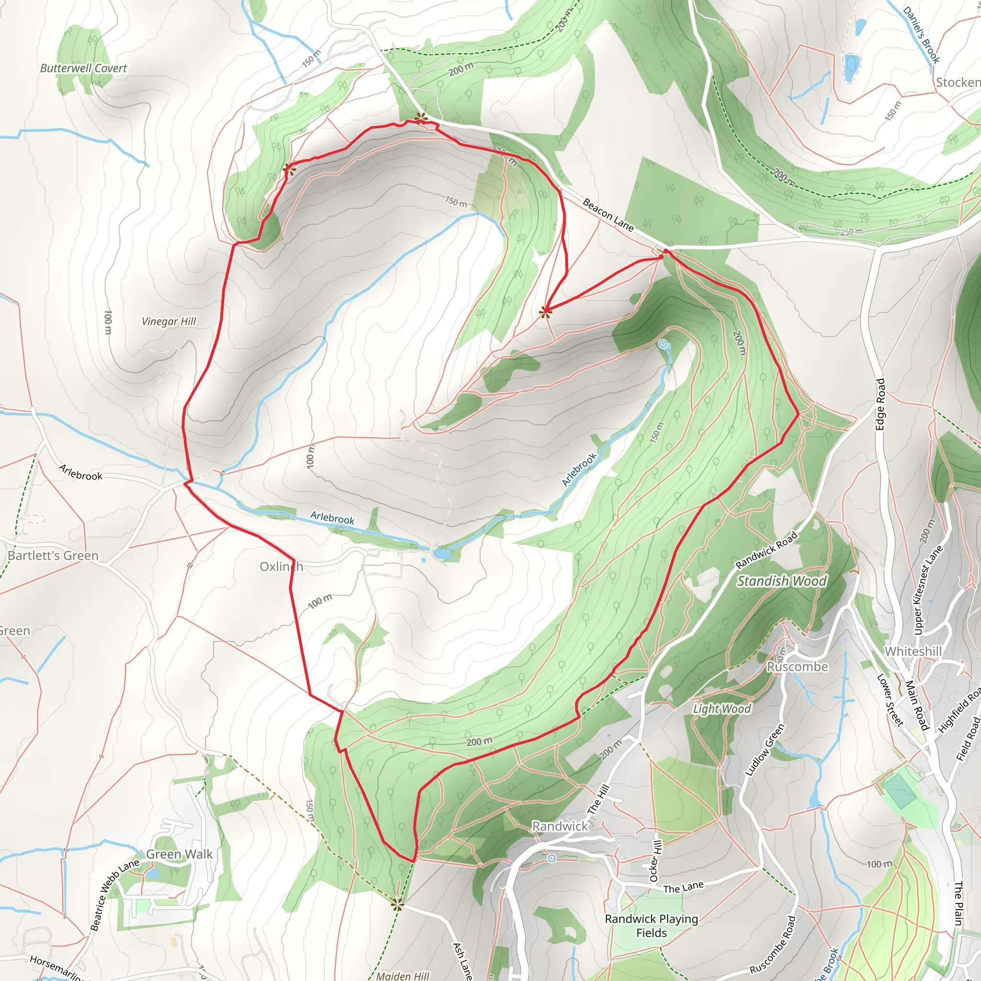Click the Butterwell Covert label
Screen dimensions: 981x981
pos(83,68)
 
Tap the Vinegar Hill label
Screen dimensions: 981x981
pos(169,321)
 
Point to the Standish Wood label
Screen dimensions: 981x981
pos(781,581)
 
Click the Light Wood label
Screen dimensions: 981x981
pos(721,708)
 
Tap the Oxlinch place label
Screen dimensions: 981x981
pos(281,567)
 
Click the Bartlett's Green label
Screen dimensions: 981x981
pos(53,556)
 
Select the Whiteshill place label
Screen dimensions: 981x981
pos(913,651)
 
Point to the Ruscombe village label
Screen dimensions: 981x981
pos(797,666)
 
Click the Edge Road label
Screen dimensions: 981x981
pos(880,404)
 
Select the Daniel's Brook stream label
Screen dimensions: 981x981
pos(921,34)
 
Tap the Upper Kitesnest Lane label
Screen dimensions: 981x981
pos(928,590)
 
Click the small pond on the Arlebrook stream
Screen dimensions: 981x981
pos(442,553)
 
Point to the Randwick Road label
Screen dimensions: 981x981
pos(767,549)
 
